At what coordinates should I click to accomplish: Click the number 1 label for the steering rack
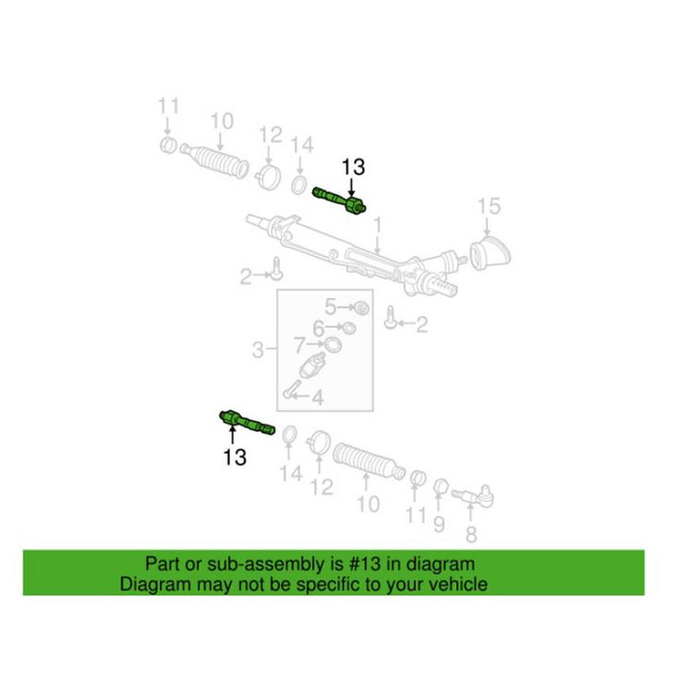[x=378, y=225]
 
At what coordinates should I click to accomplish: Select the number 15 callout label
[x=489, y=205]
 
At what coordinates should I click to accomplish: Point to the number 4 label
[x=318, y=396]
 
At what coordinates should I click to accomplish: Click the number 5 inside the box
[x=330, y=306]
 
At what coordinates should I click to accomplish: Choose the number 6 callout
[x=318, y=327]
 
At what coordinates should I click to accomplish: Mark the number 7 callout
[x=299, y=344]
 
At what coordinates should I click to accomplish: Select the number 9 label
[x=438, y=525]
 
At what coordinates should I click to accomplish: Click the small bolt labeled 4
[x=293, y=390]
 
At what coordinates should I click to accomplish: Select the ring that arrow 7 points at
[x=332, y=344]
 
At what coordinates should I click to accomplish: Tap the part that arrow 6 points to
[x=345, y=327]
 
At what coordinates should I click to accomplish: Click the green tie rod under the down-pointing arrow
[x=339, y=200]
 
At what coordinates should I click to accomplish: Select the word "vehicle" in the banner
[x=458, y=584]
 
